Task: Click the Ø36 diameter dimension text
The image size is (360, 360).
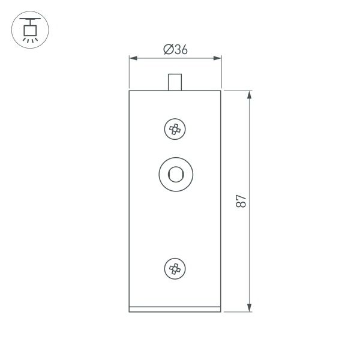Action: coord(176,50)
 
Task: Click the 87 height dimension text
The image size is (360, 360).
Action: coord(241,201)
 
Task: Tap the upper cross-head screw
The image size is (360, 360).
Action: coord(175,128)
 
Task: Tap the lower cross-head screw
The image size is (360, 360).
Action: coord(175,269)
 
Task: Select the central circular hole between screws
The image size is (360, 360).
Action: coord(175,175)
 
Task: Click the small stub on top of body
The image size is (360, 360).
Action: coord(175,82)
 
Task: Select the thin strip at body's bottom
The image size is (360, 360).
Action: coord(175,310)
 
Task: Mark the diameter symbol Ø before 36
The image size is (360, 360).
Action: coord(167,50)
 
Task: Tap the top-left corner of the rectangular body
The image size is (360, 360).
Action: coord(130,90)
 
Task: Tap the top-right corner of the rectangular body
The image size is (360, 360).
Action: coord(221,90)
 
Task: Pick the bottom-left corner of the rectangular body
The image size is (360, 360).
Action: coord(130,312)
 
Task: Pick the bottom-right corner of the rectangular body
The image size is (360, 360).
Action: coord(221,312)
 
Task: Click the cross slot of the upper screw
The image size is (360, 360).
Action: coord(175,128)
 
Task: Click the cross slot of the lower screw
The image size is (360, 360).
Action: coord(175,269)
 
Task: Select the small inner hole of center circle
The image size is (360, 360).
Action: coord(175,175)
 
